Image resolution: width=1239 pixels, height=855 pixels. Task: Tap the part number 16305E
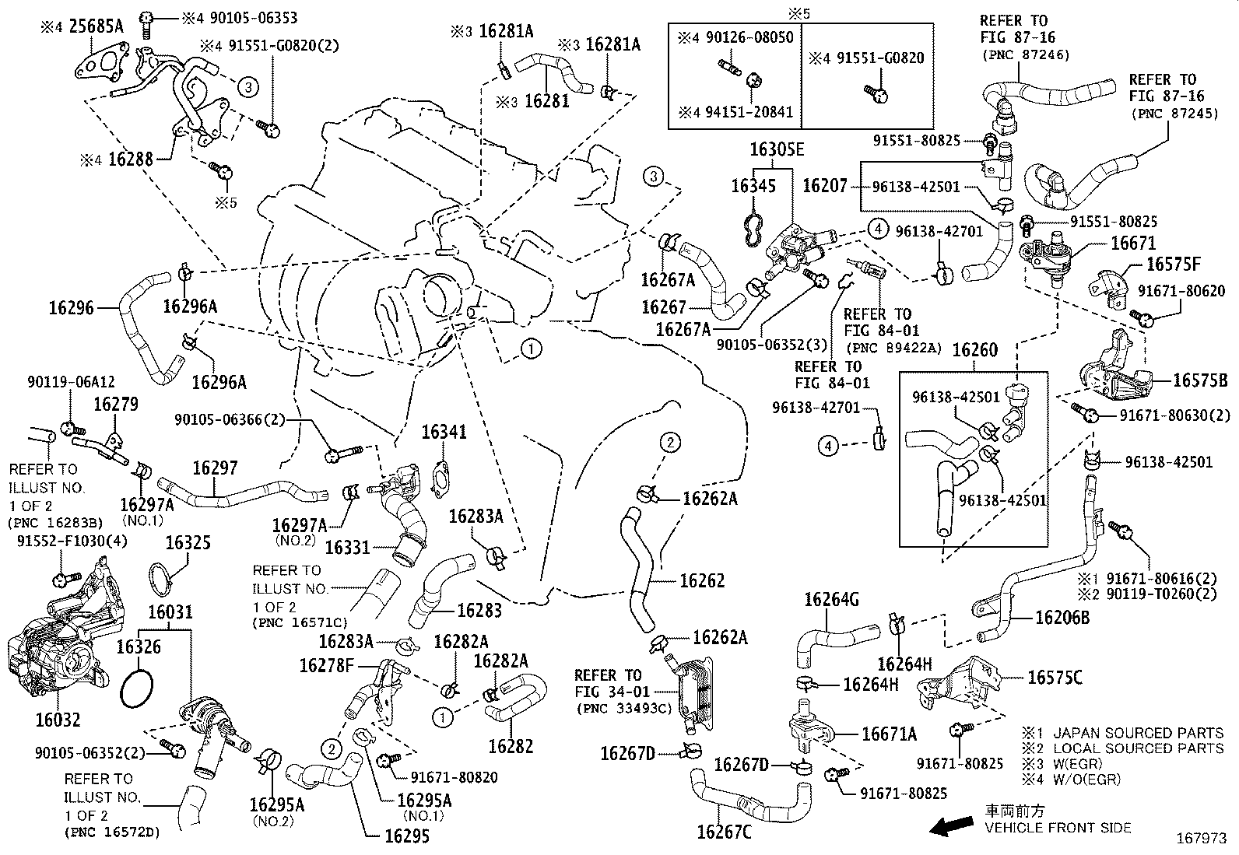777,149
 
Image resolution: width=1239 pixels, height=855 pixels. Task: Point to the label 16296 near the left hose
71,308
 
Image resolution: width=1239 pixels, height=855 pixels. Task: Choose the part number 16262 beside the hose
702,580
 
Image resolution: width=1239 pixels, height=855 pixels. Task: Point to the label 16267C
724,832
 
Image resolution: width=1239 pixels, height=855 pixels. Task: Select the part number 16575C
1055,678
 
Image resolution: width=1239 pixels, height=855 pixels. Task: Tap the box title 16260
974,350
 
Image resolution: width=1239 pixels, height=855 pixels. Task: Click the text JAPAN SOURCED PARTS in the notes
1138,733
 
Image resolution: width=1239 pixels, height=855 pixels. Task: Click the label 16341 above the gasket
444,432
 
